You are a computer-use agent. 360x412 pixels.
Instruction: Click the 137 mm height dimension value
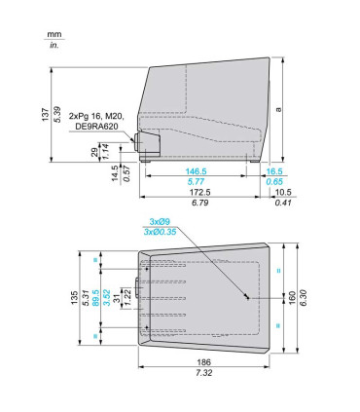[x=46, y=115]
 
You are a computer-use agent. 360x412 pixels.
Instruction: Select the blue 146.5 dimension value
[x=196, y=171]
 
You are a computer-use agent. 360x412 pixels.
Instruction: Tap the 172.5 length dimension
[x=199, y=192]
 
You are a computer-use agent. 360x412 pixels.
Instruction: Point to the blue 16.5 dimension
[x=274, y=171]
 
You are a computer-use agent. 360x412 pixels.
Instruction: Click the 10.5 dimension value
[x=283, y=192]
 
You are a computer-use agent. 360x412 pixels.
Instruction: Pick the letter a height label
[x=278, y=109]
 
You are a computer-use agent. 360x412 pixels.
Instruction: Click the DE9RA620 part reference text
[x=96, y=126]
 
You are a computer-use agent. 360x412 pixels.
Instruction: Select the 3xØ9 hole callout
[x=160, y=222]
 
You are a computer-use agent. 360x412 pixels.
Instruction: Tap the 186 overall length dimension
[x=203, y=362]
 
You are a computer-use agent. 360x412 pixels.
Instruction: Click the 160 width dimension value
[x=292, y=297]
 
